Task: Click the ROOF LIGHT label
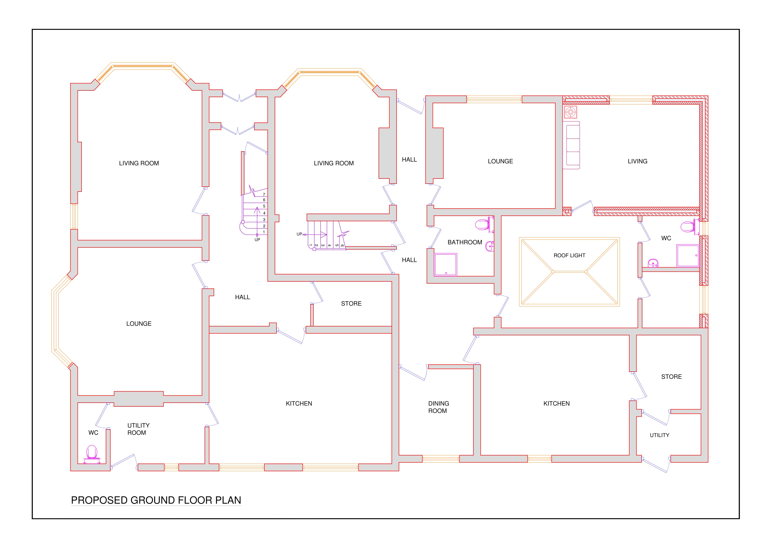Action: pos(569,256)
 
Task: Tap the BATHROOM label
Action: pos(465,242)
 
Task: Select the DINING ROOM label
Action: pos(438,407)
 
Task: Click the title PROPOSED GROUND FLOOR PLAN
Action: pos(156,500)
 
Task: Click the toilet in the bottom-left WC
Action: pos(92,454)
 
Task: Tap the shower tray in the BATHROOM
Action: pos(445,265)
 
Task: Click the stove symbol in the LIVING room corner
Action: pos(570,112)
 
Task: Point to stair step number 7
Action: pos(264,194)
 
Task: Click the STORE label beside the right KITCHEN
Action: pos(671,377)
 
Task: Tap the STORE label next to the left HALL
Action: pos(351,304)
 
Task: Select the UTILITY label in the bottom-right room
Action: pos(660,435)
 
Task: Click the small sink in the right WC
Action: pos(653,263)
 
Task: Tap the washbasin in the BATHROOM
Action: pos(490,246)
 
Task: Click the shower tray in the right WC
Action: pos(688,256)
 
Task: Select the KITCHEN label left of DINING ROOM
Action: pos(299,404)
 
